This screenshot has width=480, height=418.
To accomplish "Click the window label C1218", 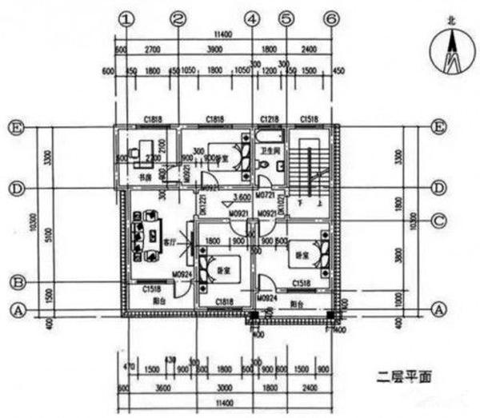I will [268, 119].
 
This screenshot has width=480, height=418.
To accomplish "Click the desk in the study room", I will [142, 149].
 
